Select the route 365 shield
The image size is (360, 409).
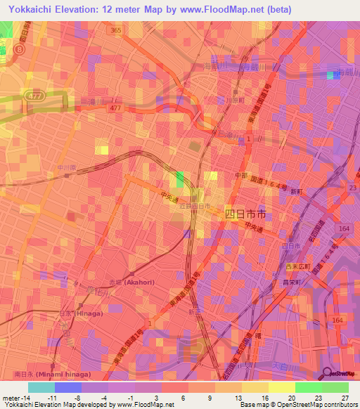click(x=115, y=30)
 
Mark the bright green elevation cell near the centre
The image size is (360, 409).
click(x=180, y=178)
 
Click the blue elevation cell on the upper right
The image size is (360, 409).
click(x=332, y=75)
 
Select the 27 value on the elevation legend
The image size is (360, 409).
click(x=345, y=398)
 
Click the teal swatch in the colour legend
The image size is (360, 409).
click(x=41, y=387)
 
